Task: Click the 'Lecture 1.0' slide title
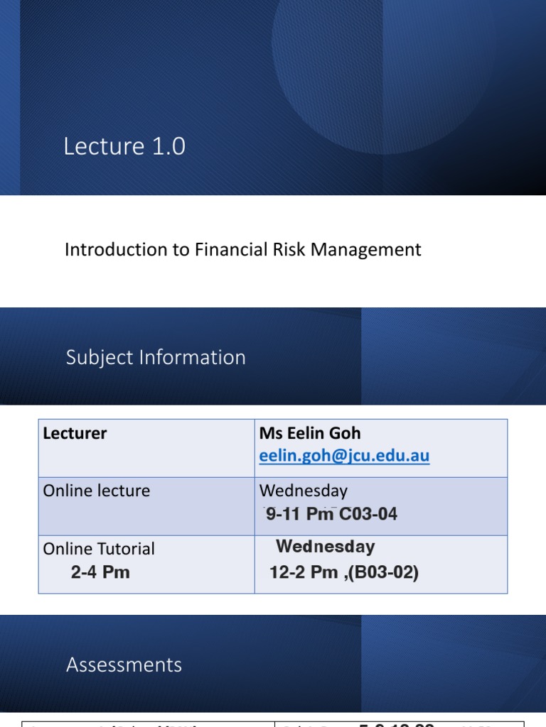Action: pos(124,146)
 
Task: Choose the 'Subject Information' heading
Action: pos(156,357)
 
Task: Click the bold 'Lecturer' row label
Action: pos(75,433)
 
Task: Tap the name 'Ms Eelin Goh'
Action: pos(310,433)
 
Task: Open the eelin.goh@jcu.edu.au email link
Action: pos(344,456)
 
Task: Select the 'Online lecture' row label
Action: pos(97,491)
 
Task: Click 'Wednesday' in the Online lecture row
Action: pos(304,491)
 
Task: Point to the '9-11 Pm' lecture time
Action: pos(299,515)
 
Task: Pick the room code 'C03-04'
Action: pos(368,515)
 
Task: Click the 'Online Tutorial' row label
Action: pos(99,549)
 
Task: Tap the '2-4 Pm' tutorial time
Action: pos(100,572)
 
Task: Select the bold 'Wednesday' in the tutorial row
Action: pos(325,547)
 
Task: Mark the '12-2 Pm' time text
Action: pos(304,572)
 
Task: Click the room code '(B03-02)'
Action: pos(383,572)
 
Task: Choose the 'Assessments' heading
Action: pos(124,665)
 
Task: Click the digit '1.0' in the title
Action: pos(168,146)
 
